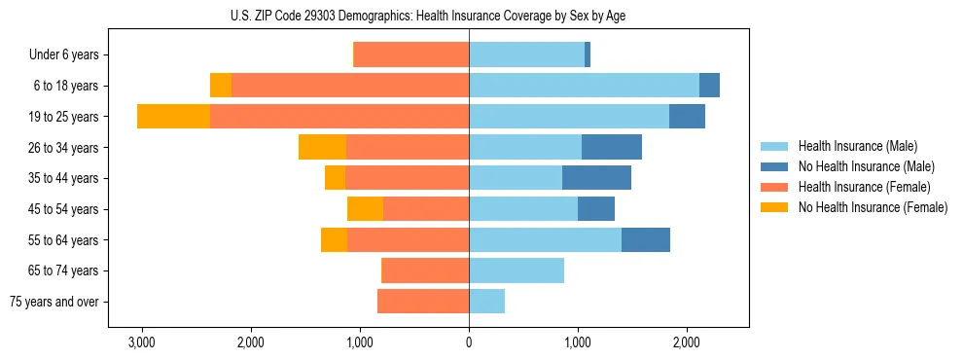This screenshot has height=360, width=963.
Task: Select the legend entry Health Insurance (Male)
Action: coord(857,146)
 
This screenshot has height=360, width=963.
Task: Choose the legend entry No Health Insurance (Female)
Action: coord(872,207)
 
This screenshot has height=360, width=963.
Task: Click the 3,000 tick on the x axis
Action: coord(142,342)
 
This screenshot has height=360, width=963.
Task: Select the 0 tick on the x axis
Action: coord(469,342)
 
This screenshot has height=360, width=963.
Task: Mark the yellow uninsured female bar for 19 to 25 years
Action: coord(173,117)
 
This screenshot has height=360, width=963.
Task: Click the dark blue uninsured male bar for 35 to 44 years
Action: coord(596,178)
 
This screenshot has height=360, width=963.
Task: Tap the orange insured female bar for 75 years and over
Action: coord(423,302)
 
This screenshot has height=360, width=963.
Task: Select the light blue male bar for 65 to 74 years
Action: coord(517,270)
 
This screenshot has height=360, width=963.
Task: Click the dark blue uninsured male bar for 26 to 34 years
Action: coord(612,147)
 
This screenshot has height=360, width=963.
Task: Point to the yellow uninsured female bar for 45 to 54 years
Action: coord(365,209)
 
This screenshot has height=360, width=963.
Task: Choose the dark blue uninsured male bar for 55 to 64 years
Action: coord(646,239)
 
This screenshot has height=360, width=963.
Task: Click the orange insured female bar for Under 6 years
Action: coord(411,55)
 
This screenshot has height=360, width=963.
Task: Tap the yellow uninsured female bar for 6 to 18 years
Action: coord(221,86)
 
